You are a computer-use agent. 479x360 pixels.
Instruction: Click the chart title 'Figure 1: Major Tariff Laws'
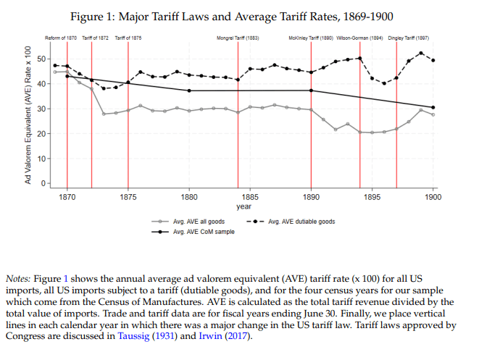click(x=239, y=16)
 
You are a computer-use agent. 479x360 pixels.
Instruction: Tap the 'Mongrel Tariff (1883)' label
click(x=238, y=37)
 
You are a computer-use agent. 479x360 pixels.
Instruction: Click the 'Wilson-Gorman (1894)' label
click(x=360, y=37)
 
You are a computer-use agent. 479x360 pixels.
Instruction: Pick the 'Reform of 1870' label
click(x=61, y=37)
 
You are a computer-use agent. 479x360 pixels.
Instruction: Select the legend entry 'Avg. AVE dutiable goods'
click(x=301, y=222)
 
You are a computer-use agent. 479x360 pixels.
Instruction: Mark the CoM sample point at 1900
click(x=433, y=107)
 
